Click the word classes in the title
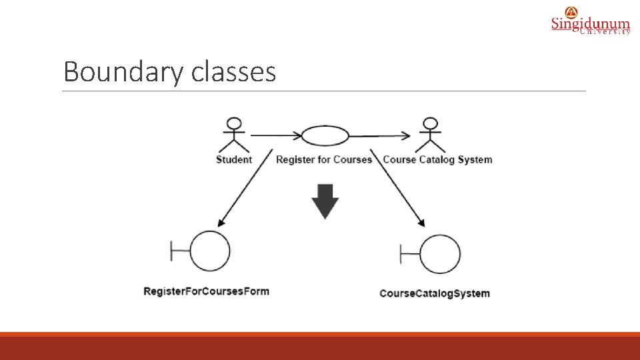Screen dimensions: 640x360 [233, 71]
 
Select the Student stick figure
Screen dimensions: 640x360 [233, 135]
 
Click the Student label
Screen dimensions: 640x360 [234, 159]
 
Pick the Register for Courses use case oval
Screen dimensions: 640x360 [325, 136]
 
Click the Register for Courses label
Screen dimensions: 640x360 [323, 159]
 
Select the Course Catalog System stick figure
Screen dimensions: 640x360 [431, 135]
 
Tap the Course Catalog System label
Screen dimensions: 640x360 [437, 159]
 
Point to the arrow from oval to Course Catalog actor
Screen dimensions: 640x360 [380, 136]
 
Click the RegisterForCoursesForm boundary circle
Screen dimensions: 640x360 [210, 251]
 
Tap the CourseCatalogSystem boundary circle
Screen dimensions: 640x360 [440, 255]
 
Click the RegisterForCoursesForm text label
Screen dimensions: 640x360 [207, 291]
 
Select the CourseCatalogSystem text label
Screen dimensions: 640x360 [435, 293]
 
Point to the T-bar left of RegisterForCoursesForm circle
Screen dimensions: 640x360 [180, 251]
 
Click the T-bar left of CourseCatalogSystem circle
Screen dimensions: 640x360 [409, 255]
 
